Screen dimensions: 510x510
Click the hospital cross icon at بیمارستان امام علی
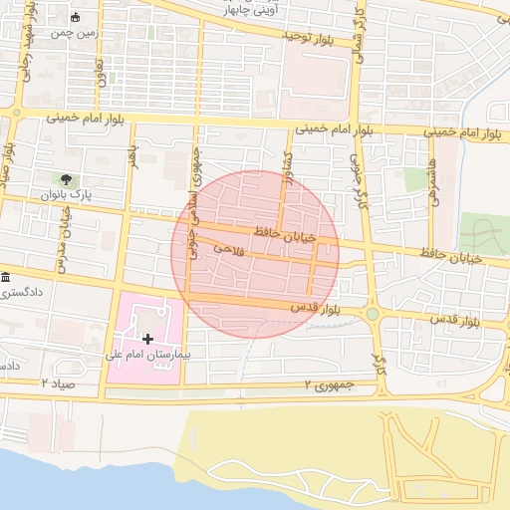pos(148,340)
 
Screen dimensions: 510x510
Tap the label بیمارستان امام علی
pos(147,355)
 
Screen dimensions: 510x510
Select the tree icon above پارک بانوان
pos(67,180)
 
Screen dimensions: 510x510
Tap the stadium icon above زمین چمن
pos(77,17)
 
